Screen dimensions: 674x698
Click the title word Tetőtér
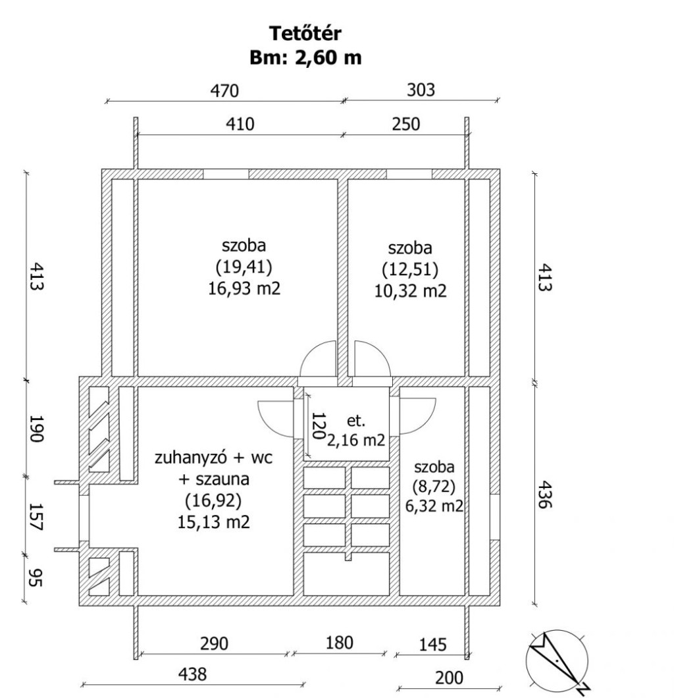click(305, 34)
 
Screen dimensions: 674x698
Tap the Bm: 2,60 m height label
click(305, 57)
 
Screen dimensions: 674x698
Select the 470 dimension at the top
click(224, 91)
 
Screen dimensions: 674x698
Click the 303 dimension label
click(421, 90)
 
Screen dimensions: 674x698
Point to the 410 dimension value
click(240, 124)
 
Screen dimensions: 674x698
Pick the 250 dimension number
click(405, 124)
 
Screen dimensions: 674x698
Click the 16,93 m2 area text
click(244, 288)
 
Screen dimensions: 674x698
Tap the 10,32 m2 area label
click(410, 290)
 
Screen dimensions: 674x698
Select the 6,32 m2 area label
click(434, 506)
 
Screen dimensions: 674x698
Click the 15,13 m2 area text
click(213, 522)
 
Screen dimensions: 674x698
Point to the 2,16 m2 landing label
click(356, 440)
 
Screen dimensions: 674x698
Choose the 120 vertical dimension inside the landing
click(318, 425)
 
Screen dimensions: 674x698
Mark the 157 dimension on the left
click(36, 517)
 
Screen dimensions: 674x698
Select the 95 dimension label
click(36, 577)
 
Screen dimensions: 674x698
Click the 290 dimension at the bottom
click(215, 644)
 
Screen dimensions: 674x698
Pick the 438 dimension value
click(193, 674)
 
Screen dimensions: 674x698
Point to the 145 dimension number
click(432, 645)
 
